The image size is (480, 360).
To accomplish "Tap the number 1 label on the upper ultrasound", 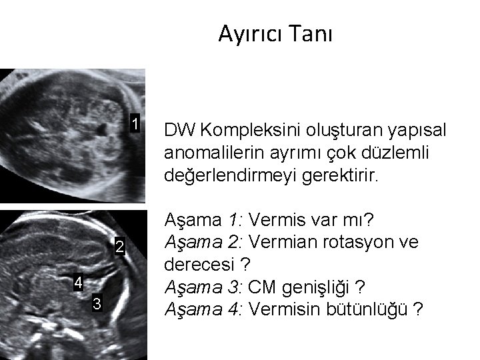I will [x=135, y=124].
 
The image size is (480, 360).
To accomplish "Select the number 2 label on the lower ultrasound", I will [x=119, y=247].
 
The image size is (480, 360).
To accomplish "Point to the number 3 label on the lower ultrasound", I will [x=97, y=305].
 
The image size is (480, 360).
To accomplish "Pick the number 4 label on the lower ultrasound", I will [x=78, y=282].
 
